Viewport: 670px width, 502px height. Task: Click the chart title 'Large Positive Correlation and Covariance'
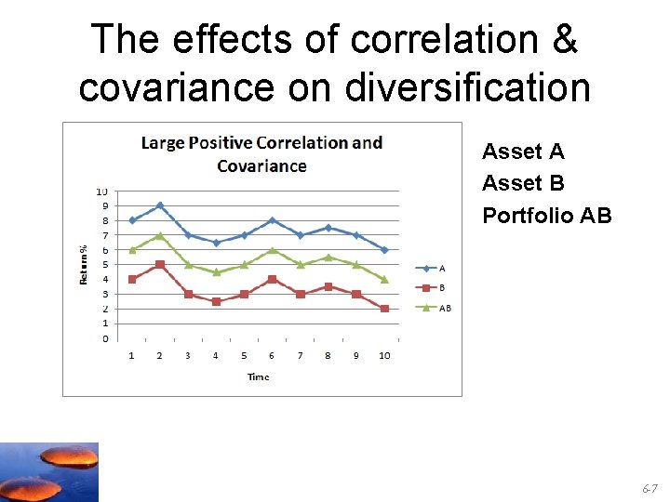261,154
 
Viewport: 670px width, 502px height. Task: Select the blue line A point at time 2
160,205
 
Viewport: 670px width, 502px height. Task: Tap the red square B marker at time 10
384,309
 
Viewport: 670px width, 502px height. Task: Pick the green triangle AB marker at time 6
272,250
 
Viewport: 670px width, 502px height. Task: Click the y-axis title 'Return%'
84,264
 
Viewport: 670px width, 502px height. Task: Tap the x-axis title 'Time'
259,376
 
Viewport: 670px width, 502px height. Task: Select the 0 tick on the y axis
104,338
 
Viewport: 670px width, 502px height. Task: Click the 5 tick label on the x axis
244,356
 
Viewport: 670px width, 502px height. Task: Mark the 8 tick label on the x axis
328,356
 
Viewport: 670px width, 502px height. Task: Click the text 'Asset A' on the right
523,152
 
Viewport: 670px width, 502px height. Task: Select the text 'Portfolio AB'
547,216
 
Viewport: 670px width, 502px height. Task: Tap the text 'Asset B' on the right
523,183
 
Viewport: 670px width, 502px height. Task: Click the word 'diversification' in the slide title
467,87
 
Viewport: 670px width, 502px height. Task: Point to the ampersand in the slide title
565,39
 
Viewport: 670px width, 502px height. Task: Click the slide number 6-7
649,488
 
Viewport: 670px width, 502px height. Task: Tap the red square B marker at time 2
160,265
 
